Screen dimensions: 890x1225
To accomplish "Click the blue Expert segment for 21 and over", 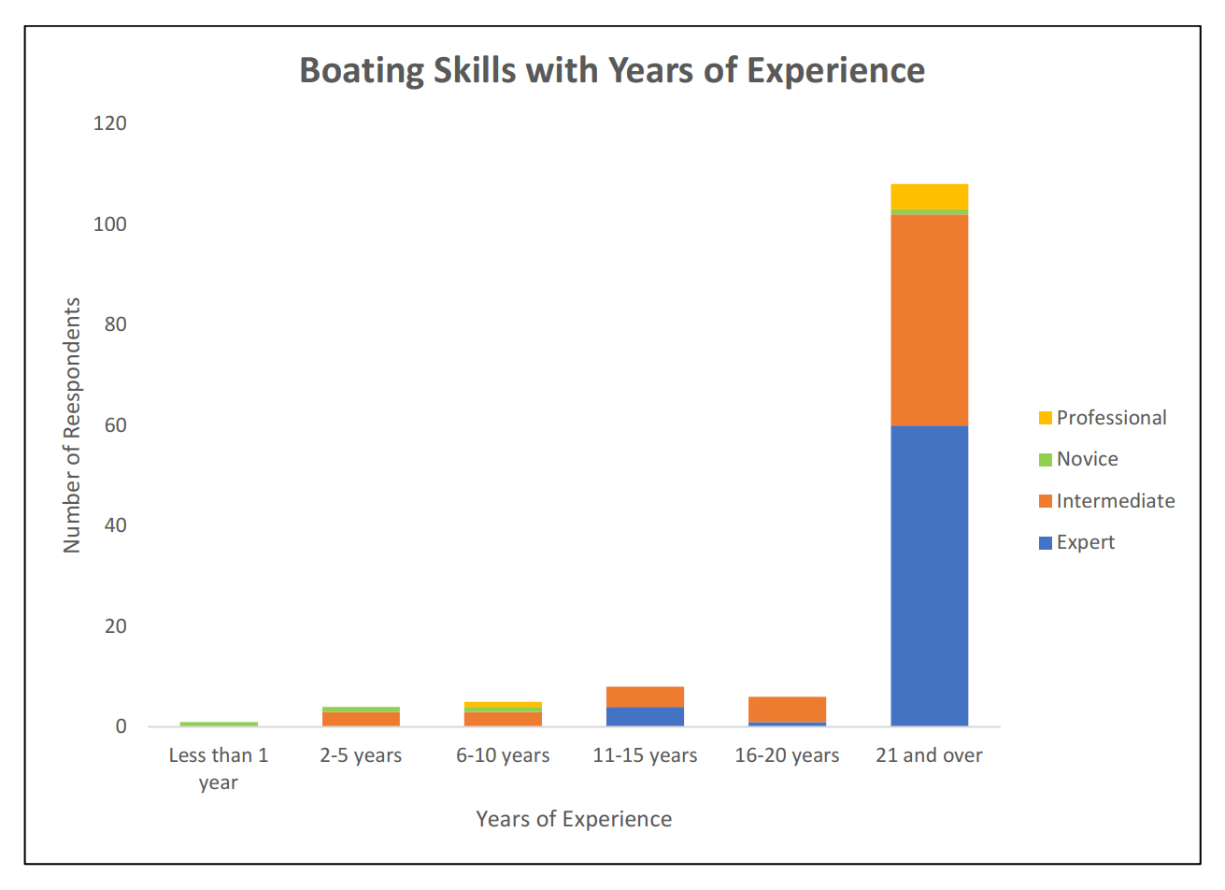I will coord(929,575).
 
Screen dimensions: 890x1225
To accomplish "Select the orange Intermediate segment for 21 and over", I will coord(929,320).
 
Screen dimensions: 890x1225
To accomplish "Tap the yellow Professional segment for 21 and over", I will coord(929,196).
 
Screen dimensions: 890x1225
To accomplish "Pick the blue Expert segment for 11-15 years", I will coord(645,716).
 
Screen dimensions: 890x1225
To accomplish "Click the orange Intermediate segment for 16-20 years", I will coord(787,710).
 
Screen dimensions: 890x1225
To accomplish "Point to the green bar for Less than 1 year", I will coord(219,724).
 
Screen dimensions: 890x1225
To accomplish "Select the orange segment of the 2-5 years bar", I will coord(361,719).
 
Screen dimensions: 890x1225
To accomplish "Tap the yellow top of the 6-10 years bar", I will coord(503,705).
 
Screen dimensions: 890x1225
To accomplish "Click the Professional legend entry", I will coord(1111,418).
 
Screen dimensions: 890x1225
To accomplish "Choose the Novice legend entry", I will coord(1087,459).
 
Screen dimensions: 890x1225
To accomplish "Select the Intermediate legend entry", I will coord(1115,501).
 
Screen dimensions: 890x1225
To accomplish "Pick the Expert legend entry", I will coord(1085,542).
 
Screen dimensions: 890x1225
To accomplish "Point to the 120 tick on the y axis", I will coord(110,123).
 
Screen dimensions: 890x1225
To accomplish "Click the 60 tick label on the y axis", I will coord(115,425).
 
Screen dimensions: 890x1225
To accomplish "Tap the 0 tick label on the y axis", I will coord(121,726).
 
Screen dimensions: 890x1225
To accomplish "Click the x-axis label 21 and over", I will coord(929,755).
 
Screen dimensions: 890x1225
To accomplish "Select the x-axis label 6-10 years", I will coord(503,755).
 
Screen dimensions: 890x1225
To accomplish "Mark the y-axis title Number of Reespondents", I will coord(72,425).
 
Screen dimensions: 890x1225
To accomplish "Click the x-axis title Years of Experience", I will coord(574,819).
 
